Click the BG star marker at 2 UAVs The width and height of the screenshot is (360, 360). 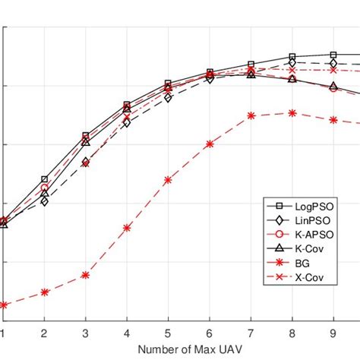tap(44, 292)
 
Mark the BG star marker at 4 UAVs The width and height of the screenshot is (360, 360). tap(127, 227)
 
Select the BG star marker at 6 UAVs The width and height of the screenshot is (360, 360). tap(210, 144)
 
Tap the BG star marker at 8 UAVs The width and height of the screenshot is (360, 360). tap(292, 112)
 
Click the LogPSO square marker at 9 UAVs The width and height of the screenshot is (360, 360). tap(333, 55)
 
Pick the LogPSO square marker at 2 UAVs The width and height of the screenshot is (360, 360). tap(44, 179)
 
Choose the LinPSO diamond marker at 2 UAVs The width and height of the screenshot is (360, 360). tap(44, 202)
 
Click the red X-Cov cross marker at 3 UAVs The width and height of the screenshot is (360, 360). tap(86, 163)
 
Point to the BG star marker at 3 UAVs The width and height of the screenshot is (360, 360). tap(86, 275)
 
